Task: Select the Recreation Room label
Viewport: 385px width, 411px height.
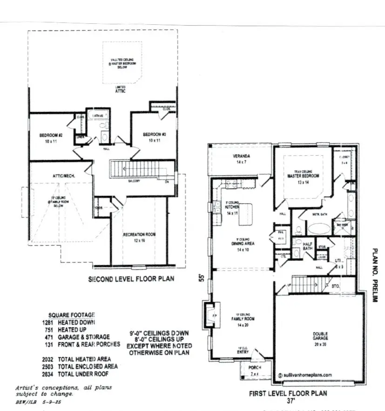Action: (139, 234)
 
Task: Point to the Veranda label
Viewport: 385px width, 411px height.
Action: (241, 156)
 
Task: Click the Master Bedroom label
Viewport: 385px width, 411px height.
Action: (303, 176)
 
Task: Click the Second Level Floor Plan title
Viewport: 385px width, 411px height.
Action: (131, 280)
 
